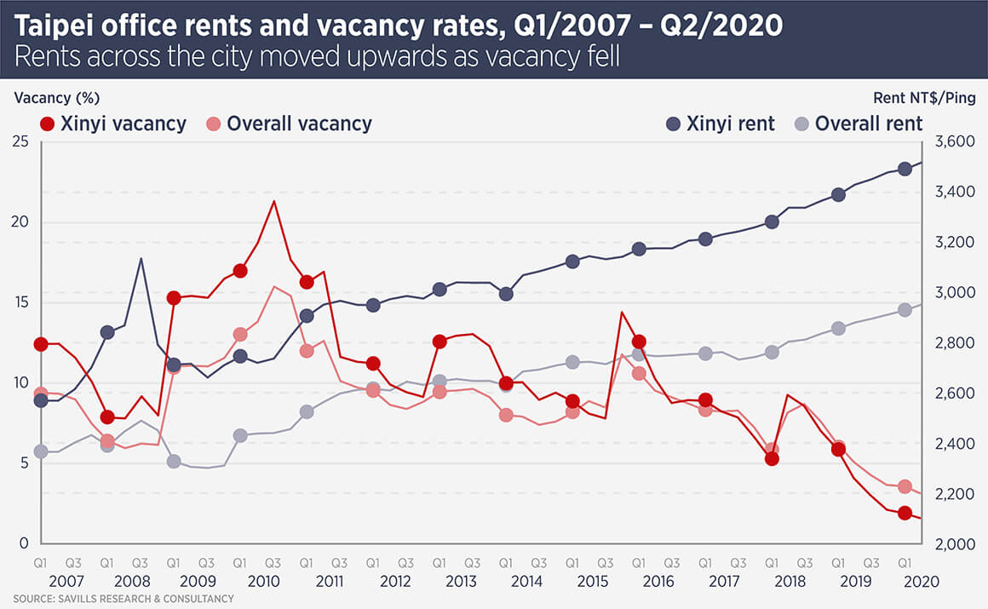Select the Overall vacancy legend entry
[290, 124]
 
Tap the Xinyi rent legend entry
[720, 124]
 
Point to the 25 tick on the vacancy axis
[20, 142]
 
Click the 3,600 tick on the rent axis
[955, 142]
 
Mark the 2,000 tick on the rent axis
[955, 544]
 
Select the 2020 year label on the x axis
[922, 582]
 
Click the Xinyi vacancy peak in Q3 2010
[273, 201]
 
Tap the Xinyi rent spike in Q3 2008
[141, 258]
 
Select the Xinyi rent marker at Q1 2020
[905, 169]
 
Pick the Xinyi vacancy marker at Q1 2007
[40, 344]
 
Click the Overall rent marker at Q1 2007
[40, 451]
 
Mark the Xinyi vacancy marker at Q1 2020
[905, 514]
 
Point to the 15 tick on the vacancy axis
[20, 303]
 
